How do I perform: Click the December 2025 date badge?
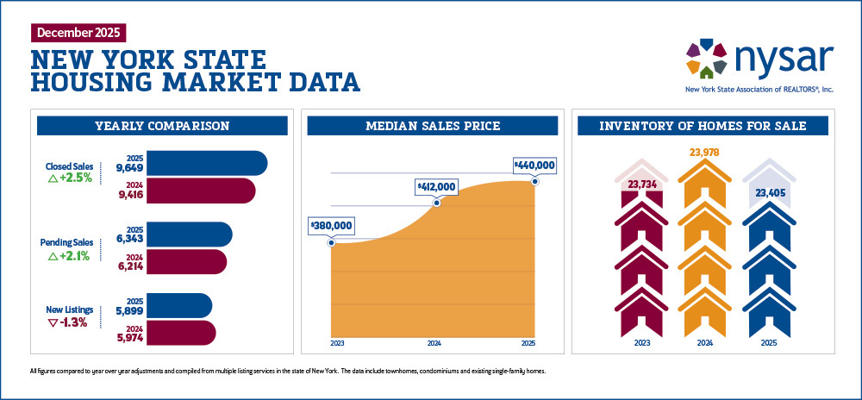[78, 33]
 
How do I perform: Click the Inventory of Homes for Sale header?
[703, 126]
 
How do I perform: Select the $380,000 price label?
[331, 225]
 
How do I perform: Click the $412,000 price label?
[436, 186]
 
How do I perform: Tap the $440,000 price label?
[534, 165]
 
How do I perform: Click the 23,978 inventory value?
[704, 153]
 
